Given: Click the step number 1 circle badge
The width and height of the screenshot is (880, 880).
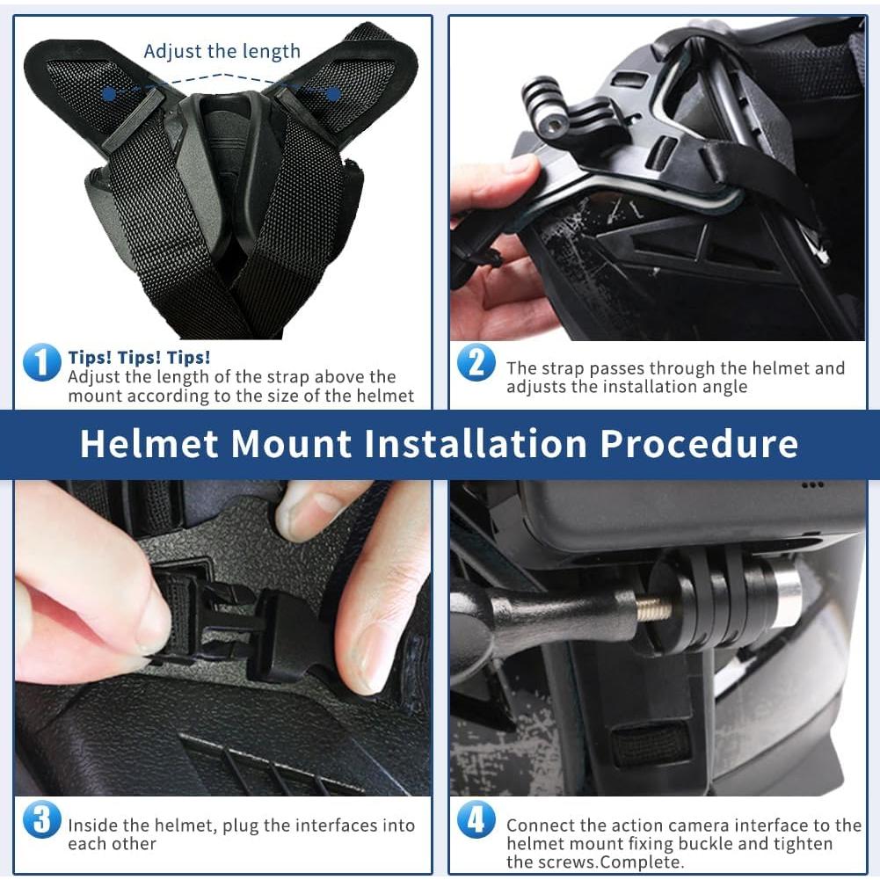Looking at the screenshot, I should pyautogui.click(x=41, y=362).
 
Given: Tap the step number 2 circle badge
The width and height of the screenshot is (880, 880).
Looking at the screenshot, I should pyautogui.click(x=476, y=362).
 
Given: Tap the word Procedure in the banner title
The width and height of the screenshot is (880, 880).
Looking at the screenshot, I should pyautogui.click(x=699, y=444).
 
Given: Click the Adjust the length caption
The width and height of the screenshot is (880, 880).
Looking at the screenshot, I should pyautogui.click(x=222, y=51).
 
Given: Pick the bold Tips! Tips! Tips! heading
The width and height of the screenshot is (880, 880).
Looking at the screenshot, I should pyautogui.click(x=139, y=358).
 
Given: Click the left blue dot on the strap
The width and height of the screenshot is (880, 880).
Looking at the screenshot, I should pyautogui.click(x=108, y=92).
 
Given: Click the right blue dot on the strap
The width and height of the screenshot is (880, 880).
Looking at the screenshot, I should pyautogui.click(x=333, y=93).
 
